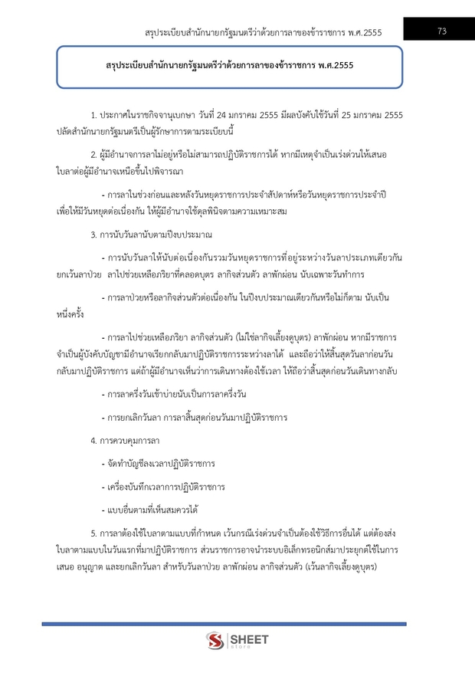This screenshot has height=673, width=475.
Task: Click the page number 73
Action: click(442, 31)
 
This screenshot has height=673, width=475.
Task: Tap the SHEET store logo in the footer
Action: click(237, 639)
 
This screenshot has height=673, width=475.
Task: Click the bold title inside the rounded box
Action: click(230, 67)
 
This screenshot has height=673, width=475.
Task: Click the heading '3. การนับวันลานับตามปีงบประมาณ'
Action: click(151, 233)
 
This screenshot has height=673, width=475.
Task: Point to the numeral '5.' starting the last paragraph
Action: click(93, 532)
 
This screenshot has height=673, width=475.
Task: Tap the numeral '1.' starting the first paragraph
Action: click(93, 114)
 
